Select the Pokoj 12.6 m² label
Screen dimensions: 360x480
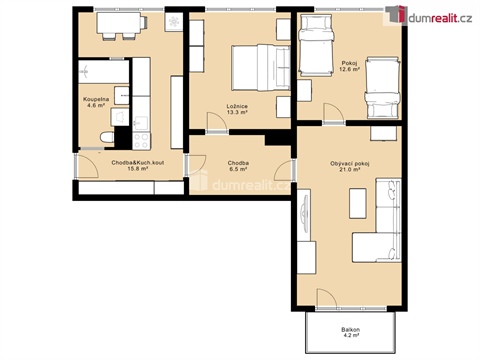[x=348, y=67]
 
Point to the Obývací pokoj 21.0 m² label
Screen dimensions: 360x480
[x=349, y=167]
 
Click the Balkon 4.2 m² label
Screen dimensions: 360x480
[x=348, y=333]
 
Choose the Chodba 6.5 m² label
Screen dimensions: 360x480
[x=238, y=166]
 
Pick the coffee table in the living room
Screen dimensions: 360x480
[x=357, y=204]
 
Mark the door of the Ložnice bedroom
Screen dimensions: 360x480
[x=213, y=122]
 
